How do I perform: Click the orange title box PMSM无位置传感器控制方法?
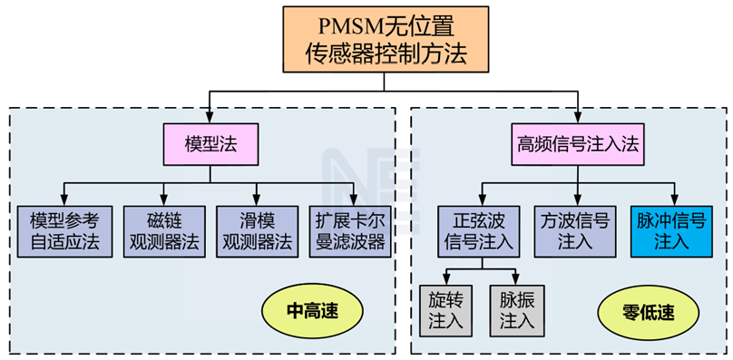[386, 39]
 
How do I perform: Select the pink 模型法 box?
[210, 144]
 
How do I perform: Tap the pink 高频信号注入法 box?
[578, 144]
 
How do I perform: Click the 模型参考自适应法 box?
[64, 231]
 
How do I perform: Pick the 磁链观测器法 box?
[164, 231]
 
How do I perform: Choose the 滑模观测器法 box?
[257, 231]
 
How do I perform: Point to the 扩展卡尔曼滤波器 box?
[350, 231]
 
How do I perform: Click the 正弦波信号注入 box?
[479, 231]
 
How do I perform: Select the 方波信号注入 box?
[578, 231]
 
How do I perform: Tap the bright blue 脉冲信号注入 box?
[671, 231]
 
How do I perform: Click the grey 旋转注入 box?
[445, 311]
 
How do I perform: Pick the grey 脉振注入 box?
[516, 311]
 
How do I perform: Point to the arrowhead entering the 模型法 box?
[210, 118]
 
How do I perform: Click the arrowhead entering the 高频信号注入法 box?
[578, 118]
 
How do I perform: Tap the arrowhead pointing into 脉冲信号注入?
[675, 200]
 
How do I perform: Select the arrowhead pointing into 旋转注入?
[445, 279]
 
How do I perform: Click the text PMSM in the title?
[352, 27]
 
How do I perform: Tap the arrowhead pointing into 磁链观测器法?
[163, 200]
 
